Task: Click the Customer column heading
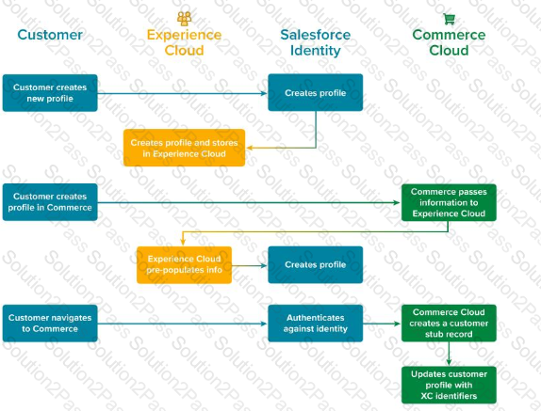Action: coord(50,35)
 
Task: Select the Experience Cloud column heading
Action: coord(184,42)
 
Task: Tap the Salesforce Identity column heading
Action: coord(316,42)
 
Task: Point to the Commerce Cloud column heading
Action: coord(449,42)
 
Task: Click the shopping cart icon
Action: coord(449,19)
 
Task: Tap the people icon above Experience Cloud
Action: coord(184,19)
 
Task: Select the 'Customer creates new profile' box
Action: coord(50,93)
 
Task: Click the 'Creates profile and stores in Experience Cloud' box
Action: coord(184,148)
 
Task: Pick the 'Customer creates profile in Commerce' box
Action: coord(50,202)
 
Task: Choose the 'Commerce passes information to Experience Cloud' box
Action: coord(449,202)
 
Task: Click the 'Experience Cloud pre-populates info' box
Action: coord(184,265)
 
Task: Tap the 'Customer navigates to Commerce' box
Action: coord(50,324)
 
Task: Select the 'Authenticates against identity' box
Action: coord(316,324)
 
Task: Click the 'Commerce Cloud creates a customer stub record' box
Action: coord(449,324)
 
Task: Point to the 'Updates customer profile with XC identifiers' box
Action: coord(449,385)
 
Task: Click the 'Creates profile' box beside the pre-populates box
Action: coord(316,264)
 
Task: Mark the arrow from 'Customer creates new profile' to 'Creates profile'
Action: coord(183,93)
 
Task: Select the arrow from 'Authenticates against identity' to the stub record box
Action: coord(382,324)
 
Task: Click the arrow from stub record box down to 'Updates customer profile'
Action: coord(449,354)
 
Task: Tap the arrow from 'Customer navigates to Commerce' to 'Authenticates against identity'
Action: coord(183,324)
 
